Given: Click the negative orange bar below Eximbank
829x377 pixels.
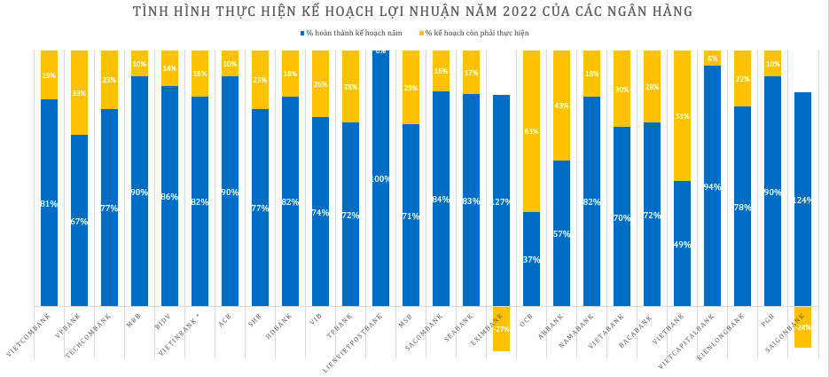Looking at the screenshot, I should pos(501,329).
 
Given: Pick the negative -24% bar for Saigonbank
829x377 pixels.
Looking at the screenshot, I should pos(802,327).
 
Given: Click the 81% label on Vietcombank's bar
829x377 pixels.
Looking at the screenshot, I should pos(49,204).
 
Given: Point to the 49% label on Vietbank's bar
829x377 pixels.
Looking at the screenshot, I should pos(682,245).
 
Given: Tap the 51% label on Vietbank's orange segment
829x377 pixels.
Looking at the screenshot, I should pos(682,116).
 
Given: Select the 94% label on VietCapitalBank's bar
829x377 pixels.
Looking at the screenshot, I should pos(712,187).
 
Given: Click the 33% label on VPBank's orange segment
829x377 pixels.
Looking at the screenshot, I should pos(79,93).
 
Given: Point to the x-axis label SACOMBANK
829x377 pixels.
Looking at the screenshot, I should pos(422,333).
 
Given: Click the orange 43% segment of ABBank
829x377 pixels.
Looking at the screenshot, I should pos(561,106).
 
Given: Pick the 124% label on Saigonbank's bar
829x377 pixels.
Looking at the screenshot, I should pos(802,200).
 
